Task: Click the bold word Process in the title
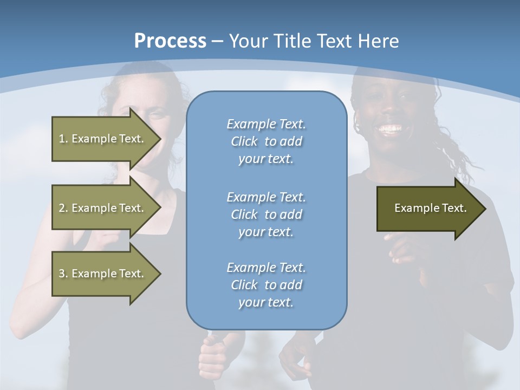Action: click(170, 41)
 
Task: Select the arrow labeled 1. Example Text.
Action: click(101, 139)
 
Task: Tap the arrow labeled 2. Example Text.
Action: click(101, 208)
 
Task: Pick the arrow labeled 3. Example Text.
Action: click(101, 274)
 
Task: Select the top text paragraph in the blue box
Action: click(266, 141)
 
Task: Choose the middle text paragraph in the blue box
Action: click(266, 214)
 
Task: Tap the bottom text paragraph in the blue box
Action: click(266, 285)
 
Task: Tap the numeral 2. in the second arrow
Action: click(63, 208)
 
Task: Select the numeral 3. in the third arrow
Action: click(63, 274)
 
